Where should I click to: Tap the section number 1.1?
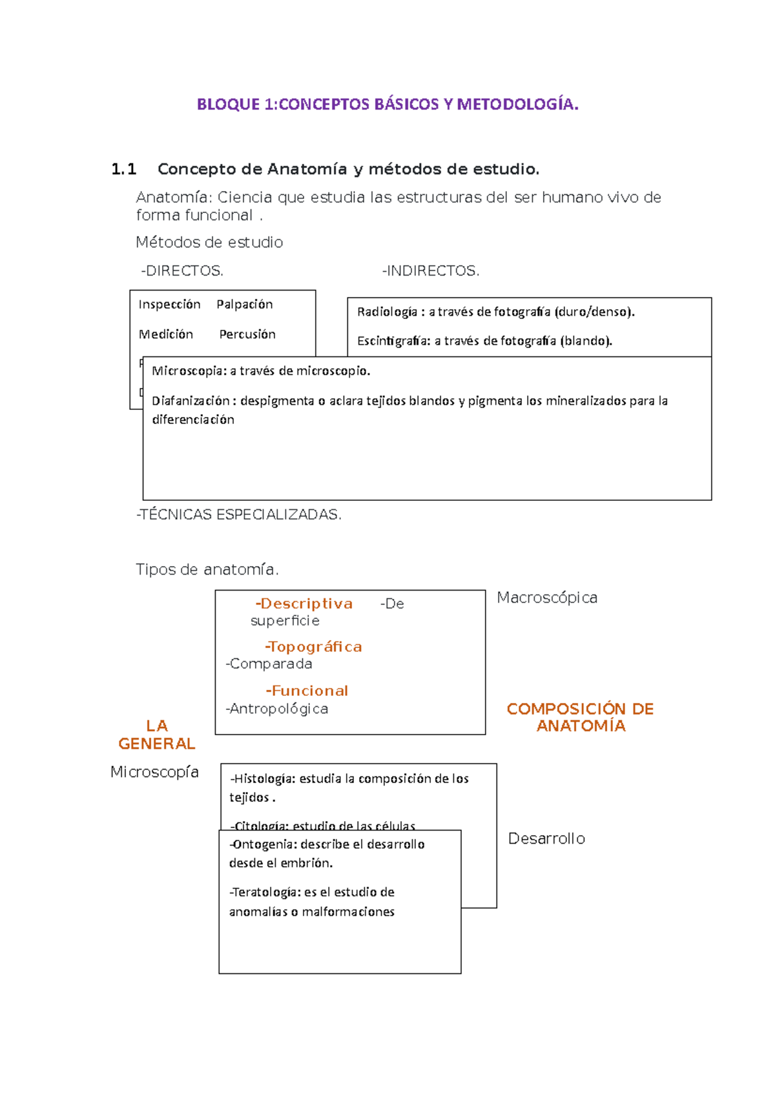tap(123, 170)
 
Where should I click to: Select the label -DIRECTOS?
tap(182, 271)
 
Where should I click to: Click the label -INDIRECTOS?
tap(431, 271)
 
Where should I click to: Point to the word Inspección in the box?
tap(169, 304)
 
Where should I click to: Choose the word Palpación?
tap(244, 304)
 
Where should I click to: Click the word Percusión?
tap(247, 334)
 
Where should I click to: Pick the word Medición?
tap(166, 334)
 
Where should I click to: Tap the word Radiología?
tap(387, 312)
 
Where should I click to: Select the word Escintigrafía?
tap(393, 341)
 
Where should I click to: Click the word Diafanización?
tap(191, 401)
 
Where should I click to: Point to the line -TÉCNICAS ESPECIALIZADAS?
tap(239, 514)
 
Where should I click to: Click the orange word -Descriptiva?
tap(304, 604)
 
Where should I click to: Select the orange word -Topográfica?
tap(313, 647)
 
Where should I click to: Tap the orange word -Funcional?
tap(307, 691)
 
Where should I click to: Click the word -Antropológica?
tap(277, 709)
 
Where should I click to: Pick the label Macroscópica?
tap(547, 598)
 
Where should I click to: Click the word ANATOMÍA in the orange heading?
tap(581, 726)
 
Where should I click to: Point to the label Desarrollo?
tap(546, 838)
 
